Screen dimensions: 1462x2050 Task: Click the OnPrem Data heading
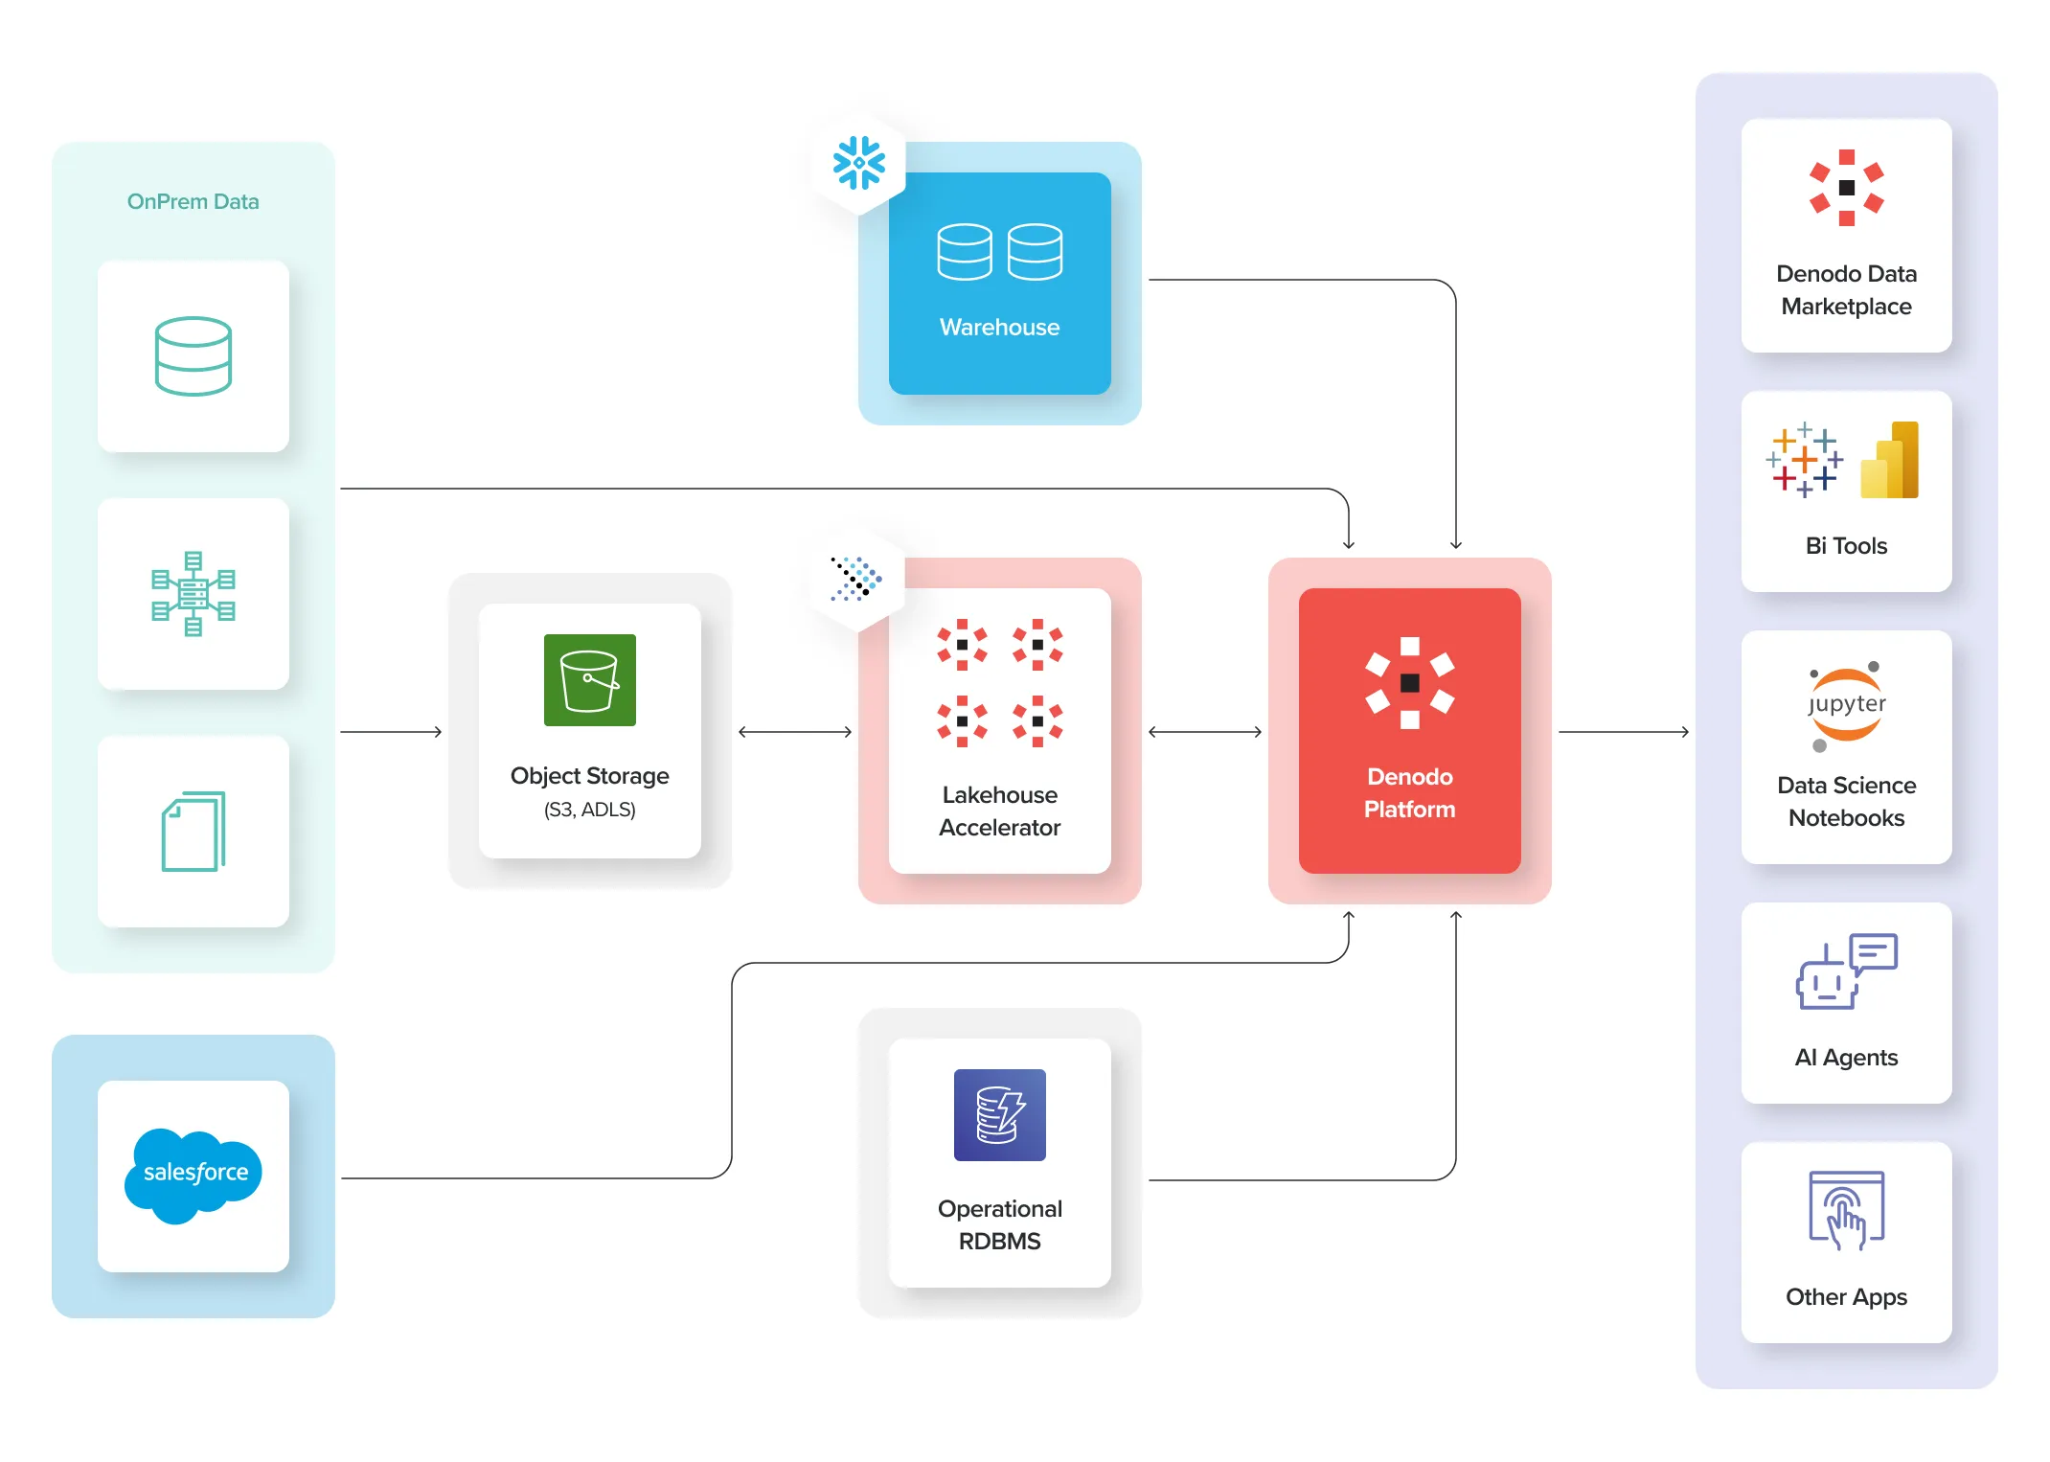pyautogui.click(x=193, y=201)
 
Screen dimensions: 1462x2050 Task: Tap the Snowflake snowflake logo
pyautogui.click(x=858, y=163)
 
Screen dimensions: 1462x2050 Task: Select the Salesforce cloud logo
pyautogui.click(x=194, y=1175)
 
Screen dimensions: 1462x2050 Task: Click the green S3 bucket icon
pyautogui.click(x=589, y=680)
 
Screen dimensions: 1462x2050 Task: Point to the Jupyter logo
pyautogui.click(x=1846, y=705)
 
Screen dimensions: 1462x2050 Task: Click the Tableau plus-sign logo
pyautogui.click(x=1804, y=460)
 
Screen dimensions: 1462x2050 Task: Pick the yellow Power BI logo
pyautogui.click(x=1889, y=461)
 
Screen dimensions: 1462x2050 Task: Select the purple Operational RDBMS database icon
pyautogui.click(x=999, y=1115)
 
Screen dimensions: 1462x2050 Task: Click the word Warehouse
pyautogui.click(x=999, y=328)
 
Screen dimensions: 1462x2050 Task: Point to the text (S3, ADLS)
pyautogui.click(x=589, y=810)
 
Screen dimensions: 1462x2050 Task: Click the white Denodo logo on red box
pyautogui.click(x=1409, y=683)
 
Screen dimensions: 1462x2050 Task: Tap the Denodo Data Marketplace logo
pyautogui.click(x=1846, y=188)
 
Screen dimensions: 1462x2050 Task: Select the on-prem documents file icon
pyautogui.click(x=194, y=832)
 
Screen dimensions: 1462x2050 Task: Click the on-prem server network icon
pyautogui.click(x=194, y=594)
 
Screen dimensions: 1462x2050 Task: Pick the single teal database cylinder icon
pyautogui.click(x=194, y=356)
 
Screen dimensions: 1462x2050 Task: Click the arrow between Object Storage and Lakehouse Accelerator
pyautogui.click(x=795, y=732)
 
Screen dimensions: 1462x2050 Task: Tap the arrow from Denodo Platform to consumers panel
pyautogui.click(x=1623, y=732)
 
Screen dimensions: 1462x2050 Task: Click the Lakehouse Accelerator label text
pyautogui.click(x=999, y=811)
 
